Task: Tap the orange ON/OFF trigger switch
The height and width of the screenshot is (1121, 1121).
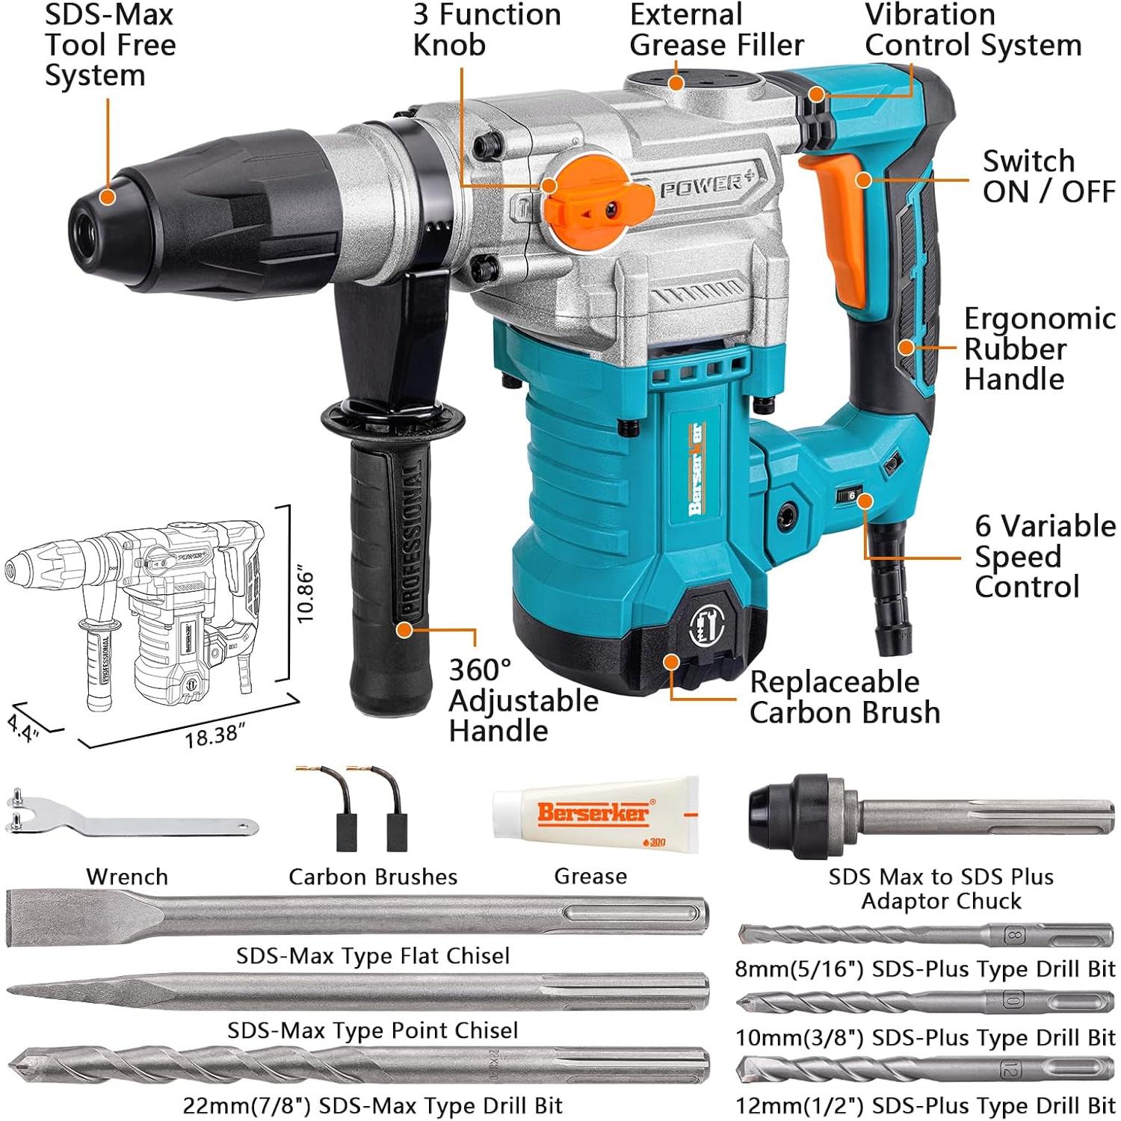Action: pyautogui.click(x=839, y=224)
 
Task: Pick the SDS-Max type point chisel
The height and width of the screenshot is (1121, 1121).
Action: pyautogui.click(x=357, y=992)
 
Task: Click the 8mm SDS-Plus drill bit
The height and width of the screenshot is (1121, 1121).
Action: pyautogui.click(x=925, y=935)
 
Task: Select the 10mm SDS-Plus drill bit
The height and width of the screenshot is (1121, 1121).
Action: pyautogui.click(x=925, y=1002)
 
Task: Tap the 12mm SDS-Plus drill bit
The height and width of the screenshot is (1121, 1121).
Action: pyautogui.click(x=925, y=1070)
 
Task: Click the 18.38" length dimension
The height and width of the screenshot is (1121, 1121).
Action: pyautogui.click(x=215, y=736)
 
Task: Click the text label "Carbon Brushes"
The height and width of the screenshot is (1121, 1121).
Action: pyautogui.click(x=373, y=877)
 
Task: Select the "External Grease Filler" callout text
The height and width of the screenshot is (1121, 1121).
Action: pyautogui.click(x=716, y=30)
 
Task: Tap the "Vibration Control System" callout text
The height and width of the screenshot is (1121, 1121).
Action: pyautogui.click(x=972, y=30)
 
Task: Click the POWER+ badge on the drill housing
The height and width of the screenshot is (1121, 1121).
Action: pyautogui.click(x=702, y=185)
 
